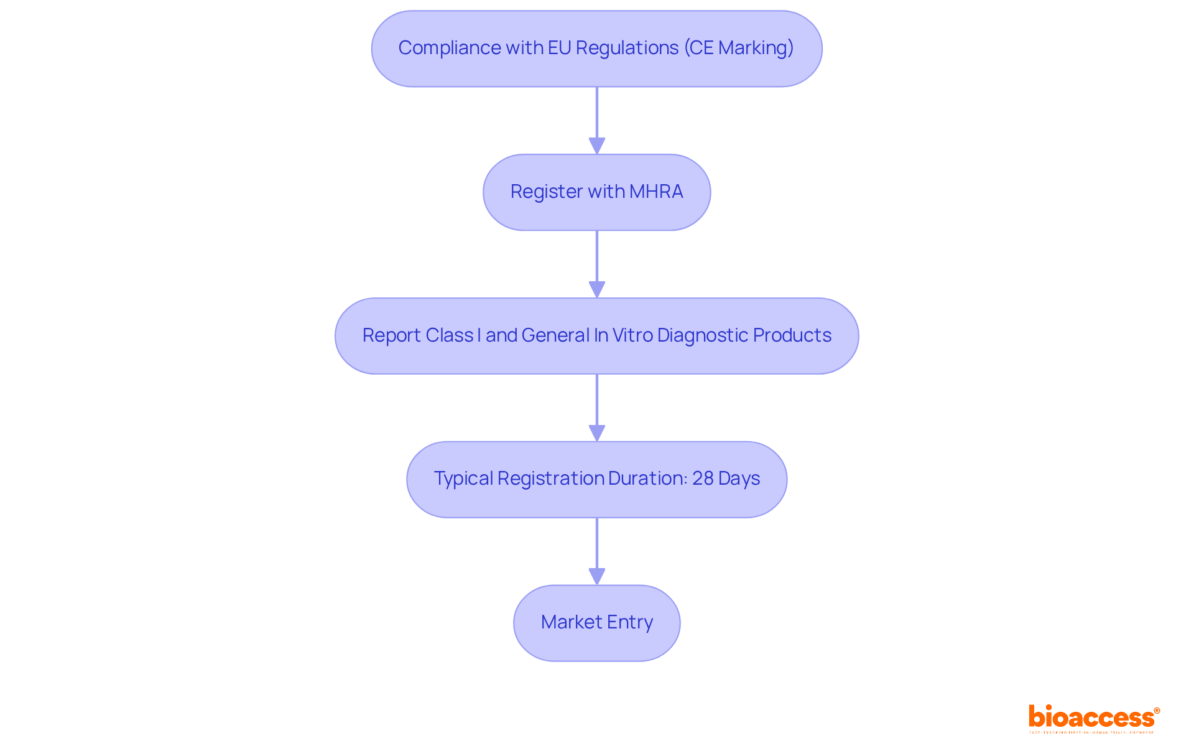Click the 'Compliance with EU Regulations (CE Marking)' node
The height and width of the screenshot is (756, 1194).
pos(596,49)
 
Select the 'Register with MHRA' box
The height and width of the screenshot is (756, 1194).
pos(596,192)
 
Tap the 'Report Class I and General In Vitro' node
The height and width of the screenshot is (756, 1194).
pos(596,336)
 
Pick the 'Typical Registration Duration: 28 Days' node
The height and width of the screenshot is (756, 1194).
pos(596,479)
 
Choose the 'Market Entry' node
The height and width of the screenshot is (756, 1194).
pos(596,623)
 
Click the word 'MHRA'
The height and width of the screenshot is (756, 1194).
pos(656,192)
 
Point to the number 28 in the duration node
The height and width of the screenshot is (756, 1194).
pos(703,478)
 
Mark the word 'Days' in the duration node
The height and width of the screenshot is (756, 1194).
pos(739,478)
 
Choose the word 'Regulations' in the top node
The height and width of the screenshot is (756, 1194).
pos(627,48)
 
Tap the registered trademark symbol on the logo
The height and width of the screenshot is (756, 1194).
pos(1157,711)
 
